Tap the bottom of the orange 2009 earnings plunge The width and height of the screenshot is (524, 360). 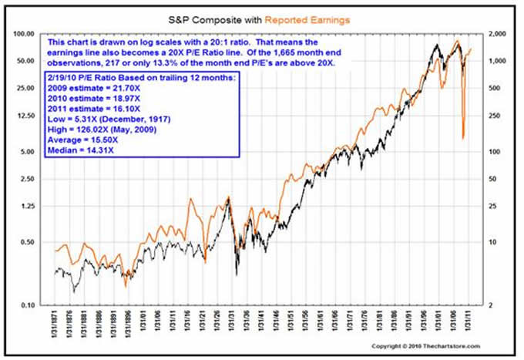click(x=462, y=139)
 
